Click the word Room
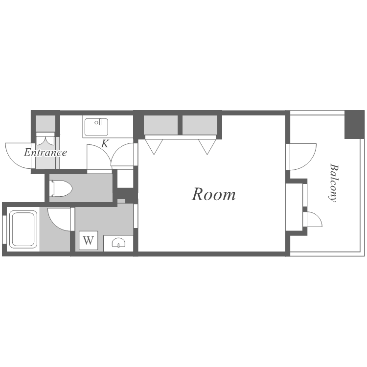214,194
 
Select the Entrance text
46,153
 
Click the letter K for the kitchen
105,144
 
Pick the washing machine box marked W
88,240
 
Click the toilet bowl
61,188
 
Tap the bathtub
23,229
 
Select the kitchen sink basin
96,127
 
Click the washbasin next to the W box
118,243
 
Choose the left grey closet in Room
161,125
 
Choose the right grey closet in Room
200,125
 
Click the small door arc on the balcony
318,216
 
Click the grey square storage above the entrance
46,123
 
